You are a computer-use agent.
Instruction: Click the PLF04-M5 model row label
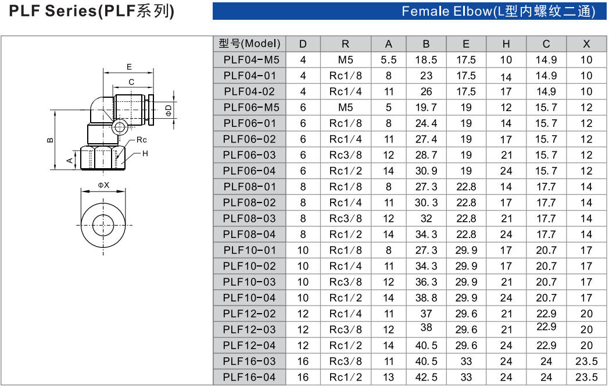click(x=251, y=59)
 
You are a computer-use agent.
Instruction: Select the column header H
click(x=506, y=44)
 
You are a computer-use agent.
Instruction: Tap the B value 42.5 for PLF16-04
click(x=426, y=377)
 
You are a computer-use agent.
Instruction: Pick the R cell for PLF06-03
click(x=345, y=155)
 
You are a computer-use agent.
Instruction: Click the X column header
click(x=586, y=44)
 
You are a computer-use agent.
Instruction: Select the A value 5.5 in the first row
click(x=388, y=59)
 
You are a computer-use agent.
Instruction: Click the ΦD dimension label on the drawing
click(x=169, y=109)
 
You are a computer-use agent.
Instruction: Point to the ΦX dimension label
click(x=103, y=184)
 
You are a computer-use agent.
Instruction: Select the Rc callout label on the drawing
click(x=142, y=140)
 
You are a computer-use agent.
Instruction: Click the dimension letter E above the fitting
click(x=129, y=66)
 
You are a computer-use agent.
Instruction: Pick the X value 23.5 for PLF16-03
click(x=586, y=361)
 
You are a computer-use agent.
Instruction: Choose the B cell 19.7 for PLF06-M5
click(x=426, y=107)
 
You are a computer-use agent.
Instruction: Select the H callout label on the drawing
click(x=145, y=153)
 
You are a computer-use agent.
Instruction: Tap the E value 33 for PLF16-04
click(x=466, y=377)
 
